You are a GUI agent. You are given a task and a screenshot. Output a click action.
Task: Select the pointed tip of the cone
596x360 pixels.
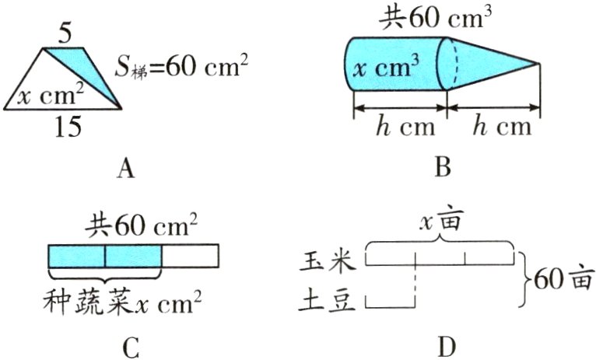pyautogui.click(x=538, y=63)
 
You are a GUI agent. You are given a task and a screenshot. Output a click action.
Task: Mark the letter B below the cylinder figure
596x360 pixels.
pyautogui.click(x=443, y=167)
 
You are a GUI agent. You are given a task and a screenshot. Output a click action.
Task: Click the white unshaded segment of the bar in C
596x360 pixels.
pyautogui.click(x=191, y=256)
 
